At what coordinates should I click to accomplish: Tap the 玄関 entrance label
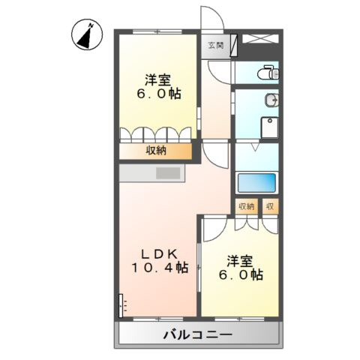(x=216, y=46)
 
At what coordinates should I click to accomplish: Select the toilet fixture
(x=268, y=73)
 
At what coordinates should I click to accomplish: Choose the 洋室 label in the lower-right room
(x=241, y=260)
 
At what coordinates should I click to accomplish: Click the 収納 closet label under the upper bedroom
(x=157, y=151)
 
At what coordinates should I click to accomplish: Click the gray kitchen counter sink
(x=169, y=173)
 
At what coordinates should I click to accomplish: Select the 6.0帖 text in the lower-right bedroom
(x=241, y=275)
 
